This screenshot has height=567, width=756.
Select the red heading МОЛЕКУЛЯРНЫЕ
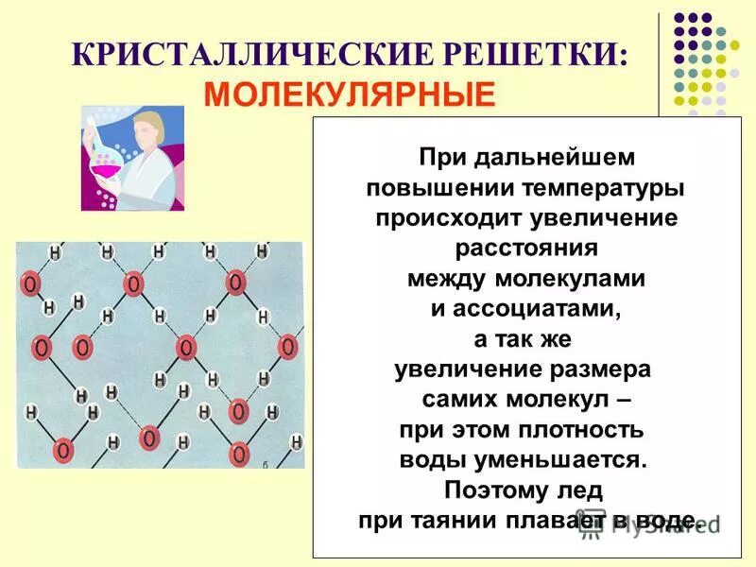tap(351, 94)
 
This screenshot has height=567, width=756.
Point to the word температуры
tap(595, 187)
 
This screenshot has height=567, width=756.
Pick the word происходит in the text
tap(443, 218)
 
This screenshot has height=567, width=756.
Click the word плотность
tap(580, 430)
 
